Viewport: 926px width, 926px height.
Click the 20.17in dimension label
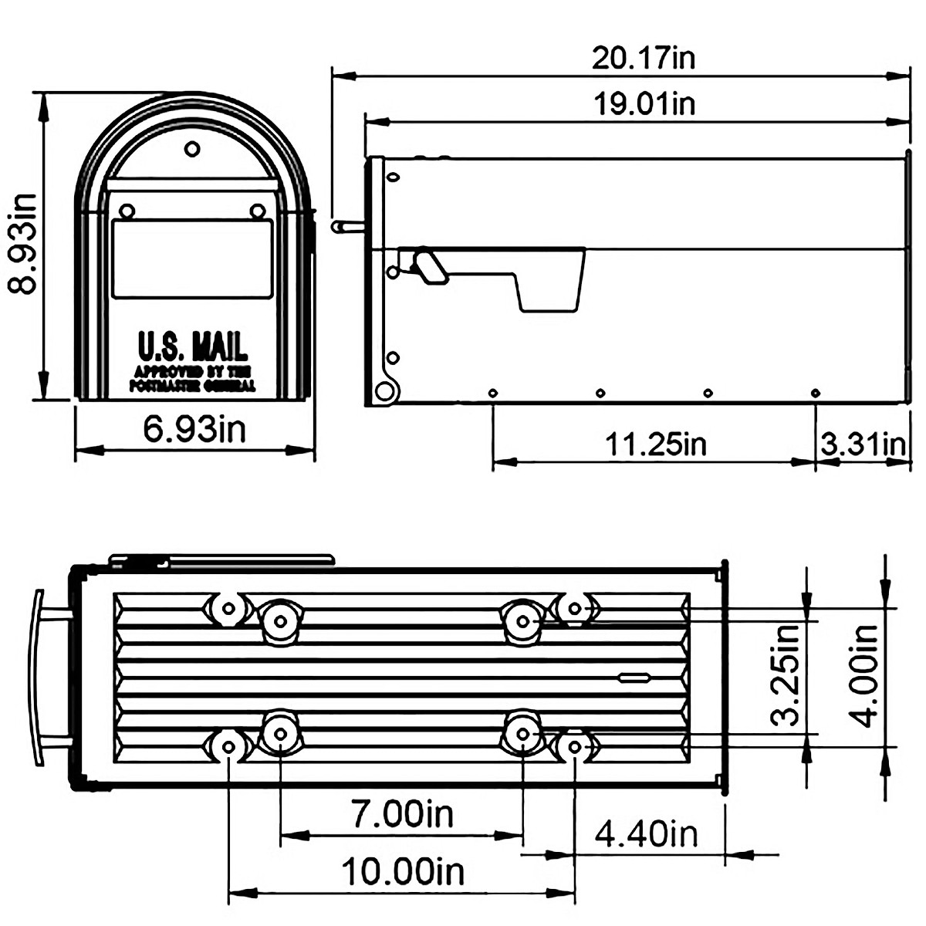point(643,58)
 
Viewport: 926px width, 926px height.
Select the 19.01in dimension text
point(643,103)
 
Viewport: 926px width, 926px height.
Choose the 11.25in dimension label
point(655,444)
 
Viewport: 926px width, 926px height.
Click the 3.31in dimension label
point(862,444)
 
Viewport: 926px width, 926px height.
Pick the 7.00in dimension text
point(402,814)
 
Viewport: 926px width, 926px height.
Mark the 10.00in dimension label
point(402,873)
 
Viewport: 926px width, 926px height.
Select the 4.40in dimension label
point(646,833)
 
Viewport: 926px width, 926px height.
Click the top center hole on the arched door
point(192,148)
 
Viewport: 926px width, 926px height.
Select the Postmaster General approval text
point(192,378)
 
